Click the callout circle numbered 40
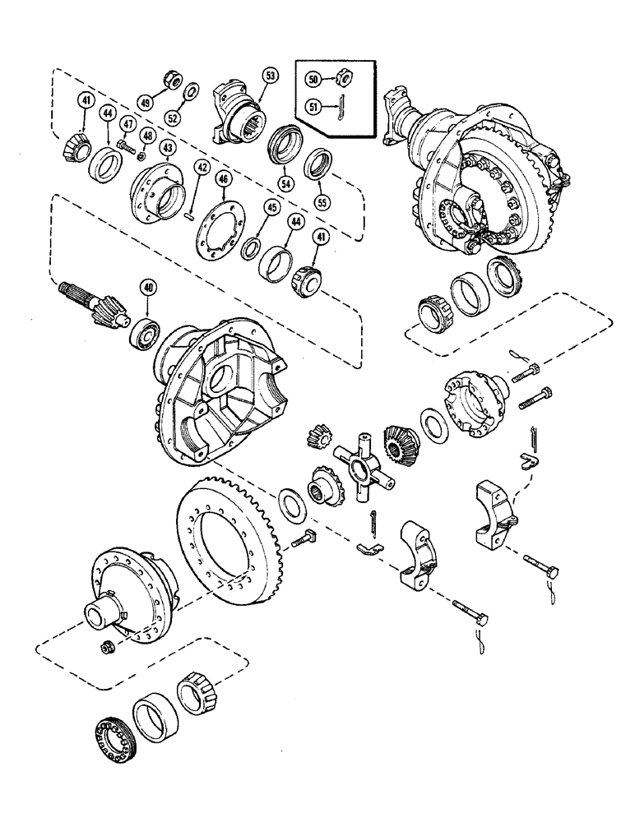tap(148, 288)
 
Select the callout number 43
tap(167, 147)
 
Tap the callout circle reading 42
tap(201, 168)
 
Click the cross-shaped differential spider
tap(359, 464)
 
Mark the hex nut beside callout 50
tap(345, 79)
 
